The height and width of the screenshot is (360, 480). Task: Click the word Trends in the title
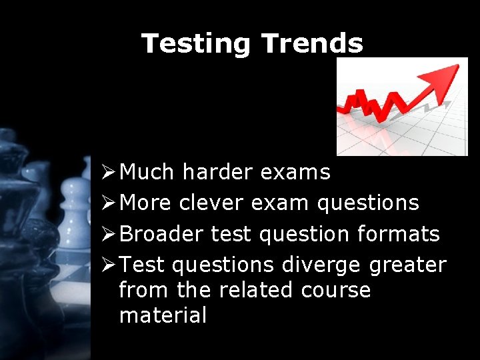click(313, 44)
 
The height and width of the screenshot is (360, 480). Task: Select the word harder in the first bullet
click(217, 172)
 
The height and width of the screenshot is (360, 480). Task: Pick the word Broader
click(162, 234)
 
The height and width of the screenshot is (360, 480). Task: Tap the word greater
click(407, 265)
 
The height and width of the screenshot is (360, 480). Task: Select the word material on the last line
click(163, 315)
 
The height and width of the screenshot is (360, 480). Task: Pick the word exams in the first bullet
click(295, 172)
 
